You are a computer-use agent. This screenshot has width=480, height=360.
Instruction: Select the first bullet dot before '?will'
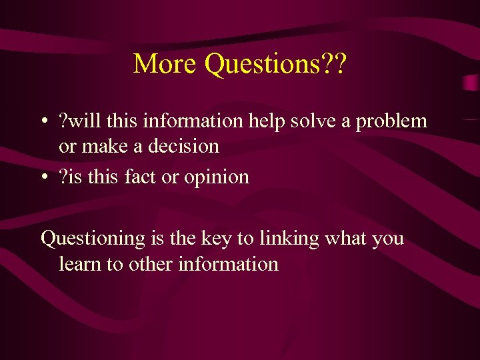43,122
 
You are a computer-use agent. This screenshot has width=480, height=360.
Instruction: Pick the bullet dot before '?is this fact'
43,178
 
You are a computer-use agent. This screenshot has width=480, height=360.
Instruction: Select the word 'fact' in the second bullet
158,177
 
